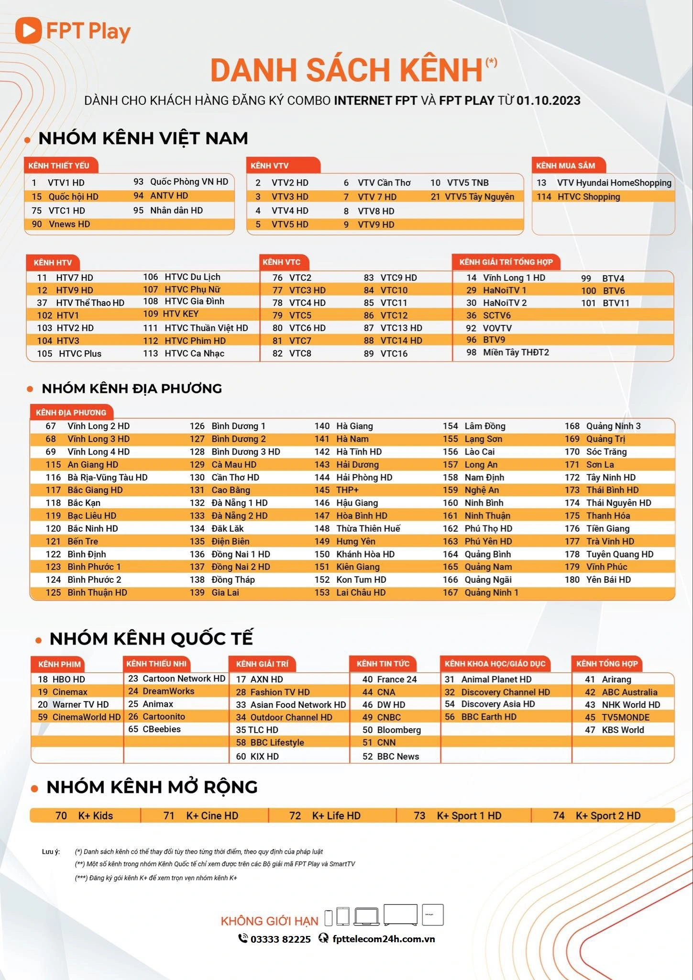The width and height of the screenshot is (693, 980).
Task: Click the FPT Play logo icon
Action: click(28, 31)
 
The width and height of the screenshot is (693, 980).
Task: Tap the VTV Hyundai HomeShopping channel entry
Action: click(614, 183)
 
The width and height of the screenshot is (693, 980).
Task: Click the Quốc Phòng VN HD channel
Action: click(189, 182)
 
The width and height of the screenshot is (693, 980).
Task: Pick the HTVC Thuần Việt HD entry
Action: click(206, 328)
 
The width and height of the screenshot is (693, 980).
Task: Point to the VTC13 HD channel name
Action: click(401, 328)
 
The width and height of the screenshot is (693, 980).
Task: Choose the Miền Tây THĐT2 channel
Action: click(516, 353)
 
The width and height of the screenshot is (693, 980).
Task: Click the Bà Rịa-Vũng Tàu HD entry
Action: click(107, 478)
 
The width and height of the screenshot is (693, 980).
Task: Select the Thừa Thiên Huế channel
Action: click(368, 529)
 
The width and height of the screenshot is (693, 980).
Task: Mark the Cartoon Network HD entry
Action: click(184, 679)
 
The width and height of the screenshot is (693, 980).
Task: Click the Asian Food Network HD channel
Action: click(297, 705)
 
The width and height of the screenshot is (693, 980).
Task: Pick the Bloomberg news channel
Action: click(399, 730)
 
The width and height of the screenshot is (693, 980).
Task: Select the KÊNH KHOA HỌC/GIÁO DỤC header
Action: click(495, 664)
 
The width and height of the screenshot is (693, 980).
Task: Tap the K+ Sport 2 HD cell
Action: click(607, 816)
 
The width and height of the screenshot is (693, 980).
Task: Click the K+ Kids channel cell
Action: click(95, 816)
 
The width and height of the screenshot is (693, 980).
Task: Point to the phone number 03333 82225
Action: click(280, 939)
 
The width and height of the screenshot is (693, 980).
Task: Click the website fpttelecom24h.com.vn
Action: click(384, 939)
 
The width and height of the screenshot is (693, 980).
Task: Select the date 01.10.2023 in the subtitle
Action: click(548, 100)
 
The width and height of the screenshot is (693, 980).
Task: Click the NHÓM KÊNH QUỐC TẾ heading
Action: click(151, 639)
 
